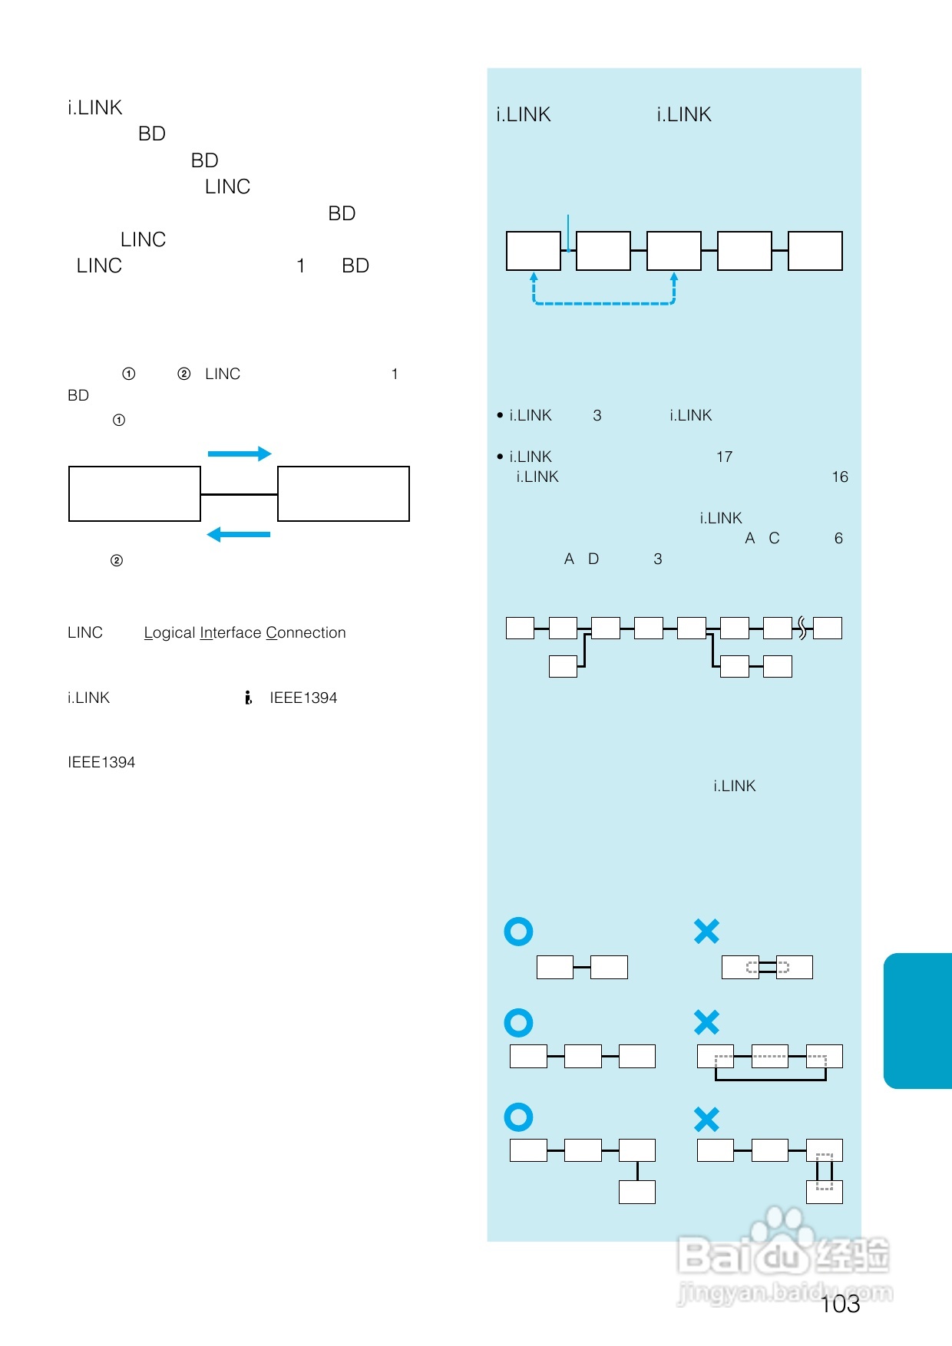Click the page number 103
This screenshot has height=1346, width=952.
840,1304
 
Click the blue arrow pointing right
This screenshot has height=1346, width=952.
240,454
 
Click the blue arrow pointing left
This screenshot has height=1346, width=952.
239,534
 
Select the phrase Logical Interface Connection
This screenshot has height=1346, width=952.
245,632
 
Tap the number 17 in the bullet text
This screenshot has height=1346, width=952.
724,457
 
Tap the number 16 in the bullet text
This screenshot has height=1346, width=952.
840,477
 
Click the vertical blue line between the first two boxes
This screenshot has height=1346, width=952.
568,233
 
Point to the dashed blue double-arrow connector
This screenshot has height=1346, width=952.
604,303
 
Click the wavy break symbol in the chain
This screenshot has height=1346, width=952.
802,628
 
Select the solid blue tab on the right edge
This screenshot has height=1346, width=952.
918,1021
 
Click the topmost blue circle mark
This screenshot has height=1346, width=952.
518,931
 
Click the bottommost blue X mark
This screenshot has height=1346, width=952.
706,1120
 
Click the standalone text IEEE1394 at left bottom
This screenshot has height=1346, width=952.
101,762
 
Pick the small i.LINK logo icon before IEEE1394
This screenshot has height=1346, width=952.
248,698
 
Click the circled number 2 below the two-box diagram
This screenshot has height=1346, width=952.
117,560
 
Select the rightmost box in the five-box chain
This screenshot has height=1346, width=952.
815,251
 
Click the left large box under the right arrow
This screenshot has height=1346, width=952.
134,493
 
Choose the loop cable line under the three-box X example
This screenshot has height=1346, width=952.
770,1080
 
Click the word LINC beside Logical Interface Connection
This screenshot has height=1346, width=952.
85,632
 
